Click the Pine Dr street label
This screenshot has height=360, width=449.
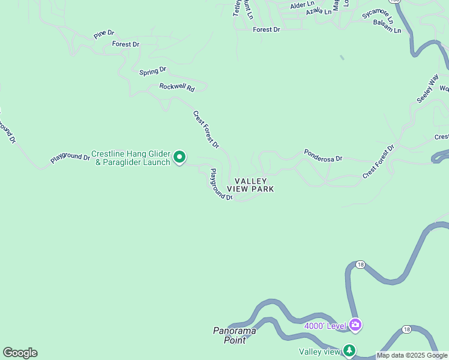click(104, 35)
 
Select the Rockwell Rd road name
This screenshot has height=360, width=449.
click(177, 87)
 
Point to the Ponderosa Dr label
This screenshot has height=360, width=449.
click(323, 155)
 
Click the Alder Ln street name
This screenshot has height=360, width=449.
click(298, 5)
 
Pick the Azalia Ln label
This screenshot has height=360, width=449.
click(318, 11)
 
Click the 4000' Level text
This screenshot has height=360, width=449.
click(325, 326)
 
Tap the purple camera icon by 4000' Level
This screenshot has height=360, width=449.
click(355, 325)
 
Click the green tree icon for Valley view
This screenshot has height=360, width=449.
click(349, 350)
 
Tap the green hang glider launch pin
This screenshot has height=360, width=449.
click(179, 157)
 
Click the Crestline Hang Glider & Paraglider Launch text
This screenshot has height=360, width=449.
click(130, 158)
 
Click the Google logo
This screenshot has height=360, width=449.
click(20, 353)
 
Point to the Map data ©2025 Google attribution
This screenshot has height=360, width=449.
click(412, 356)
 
